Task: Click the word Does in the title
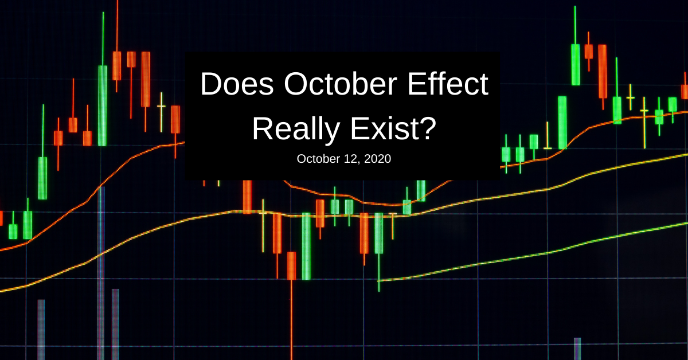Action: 237,84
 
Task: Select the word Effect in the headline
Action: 448,83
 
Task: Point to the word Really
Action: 296,130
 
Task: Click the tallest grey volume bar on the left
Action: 101,273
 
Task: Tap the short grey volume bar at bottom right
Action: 577,349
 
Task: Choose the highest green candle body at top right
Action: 576,65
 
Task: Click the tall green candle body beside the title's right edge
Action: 562,123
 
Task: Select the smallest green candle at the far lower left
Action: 13,232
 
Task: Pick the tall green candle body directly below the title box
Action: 306,246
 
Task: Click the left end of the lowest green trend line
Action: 378,280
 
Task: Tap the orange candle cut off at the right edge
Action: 685,92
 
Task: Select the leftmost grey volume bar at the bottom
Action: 41,330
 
